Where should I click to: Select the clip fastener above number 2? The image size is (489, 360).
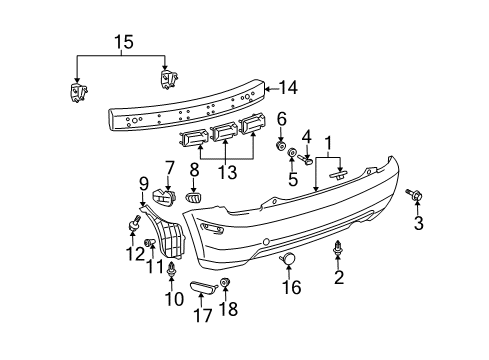338,248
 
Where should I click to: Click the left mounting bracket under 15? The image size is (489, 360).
76,93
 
